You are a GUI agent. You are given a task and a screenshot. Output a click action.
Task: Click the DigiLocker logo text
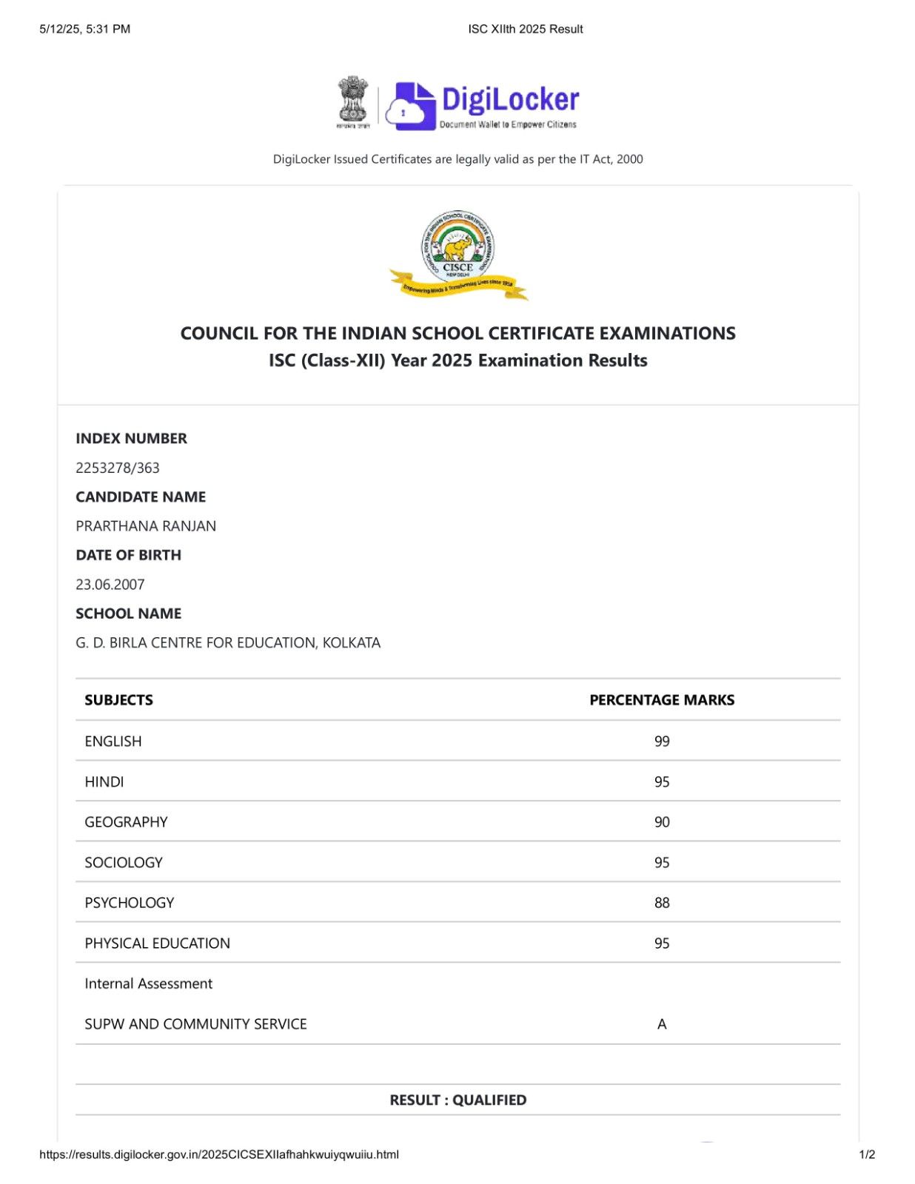pyautogui.click(x=510, y=100)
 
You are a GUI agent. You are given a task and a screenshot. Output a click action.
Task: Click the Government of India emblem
pyautogui.click(x=353, y=101)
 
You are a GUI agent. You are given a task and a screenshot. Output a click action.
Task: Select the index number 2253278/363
pyautogui.click(x=118, y=468)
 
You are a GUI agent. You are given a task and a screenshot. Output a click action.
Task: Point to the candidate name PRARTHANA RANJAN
pyautogui.click(x=146, y=526)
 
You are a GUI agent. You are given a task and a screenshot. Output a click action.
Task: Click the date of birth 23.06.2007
pyautogui.click(x=110, y=585)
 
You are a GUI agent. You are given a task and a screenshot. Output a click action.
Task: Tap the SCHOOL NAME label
pyautogui.click(x=128, y=613)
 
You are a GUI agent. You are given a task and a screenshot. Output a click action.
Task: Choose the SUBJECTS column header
pyautogui.click(x=118, y=700)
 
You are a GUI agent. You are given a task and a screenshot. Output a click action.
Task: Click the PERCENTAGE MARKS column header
pyautogui.click(x=662, y=700)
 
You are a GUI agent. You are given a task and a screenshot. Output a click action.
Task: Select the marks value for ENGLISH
pyautogui.click(x=662, y=741)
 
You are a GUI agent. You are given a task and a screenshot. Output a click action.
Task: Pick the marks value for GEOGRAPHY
pyautogui.click(x=662, y=822)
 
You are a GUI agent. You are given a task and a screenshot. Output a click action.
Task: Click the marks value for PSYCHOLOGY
pyautogui.click(x=662, y=903)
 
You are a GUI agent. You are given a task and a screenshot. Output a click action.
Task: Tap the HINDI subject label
pyautogui.click(x=104, y=782)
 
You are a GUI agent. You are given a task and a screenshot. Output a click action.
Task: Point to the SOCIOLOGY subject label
pyautogui.click(x=124, y=863)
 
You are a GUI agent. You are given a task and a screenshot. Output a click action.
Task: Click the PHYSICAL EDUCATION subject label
pyautogui.click(x=158, y=943)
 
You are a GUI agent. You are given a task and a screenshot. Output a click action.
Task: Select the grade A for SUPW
pyautogui.click(x=662, y=1024)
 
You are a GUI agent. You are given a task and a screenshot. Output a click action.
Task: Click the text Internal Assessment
pyautogui.click(x=149, y=983)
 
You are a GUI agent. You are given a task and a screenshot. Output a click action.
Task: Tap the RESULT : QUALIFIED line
pyautogui.click(x=458, y=1100)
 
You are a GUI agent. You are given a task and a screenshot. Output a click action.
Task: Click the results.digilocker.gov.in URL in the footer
pyautogui.click(x=219, y=1154)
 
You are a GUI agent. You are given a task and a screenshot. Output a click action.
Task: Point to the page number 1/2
pyautogui.click(x=867, y=1154)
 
